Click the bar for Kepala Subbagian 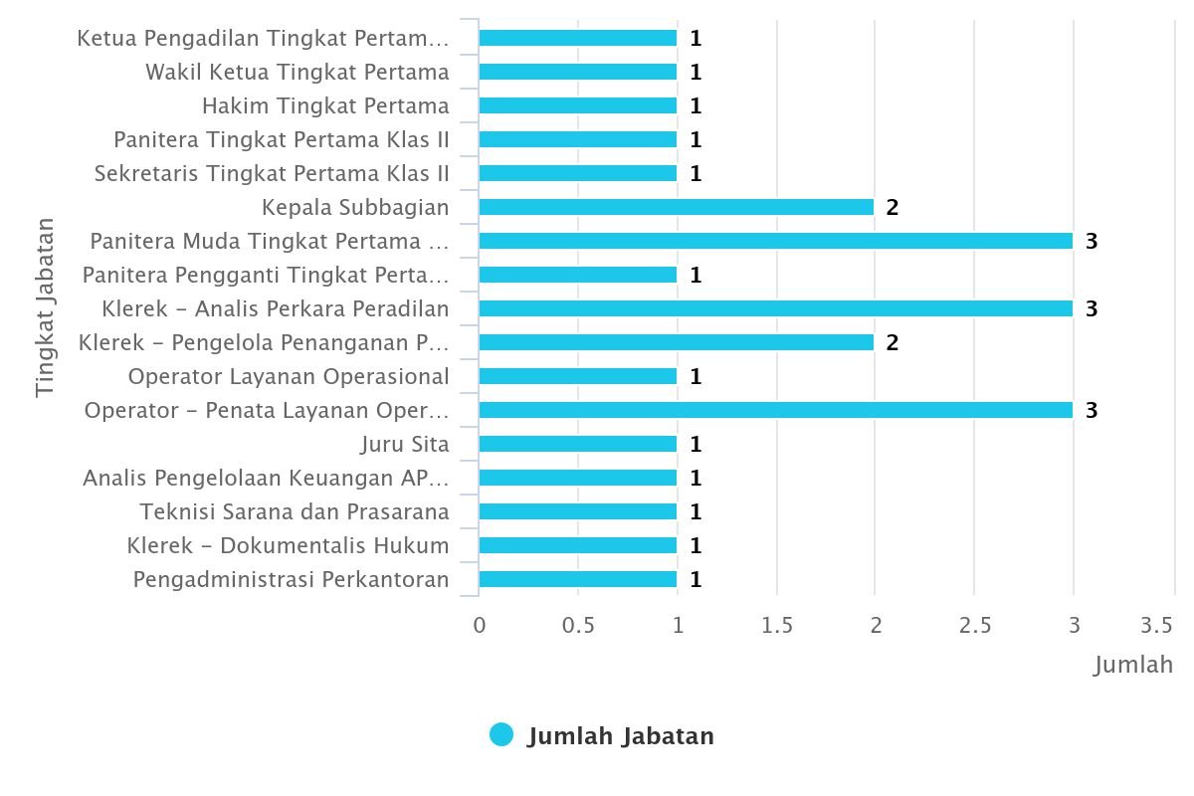[677, 207]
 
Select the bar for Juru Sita [577, 444]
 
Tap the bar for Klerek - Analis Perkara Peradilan [776, 308]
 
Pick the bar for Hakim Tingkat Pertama [577, 105]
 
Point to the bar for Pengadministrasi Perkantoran [577, 579]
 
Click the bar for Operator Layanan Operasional [577, 376]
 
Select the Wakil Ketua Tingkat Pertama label [297, 72]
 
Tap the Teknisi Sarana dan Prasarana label [295, 511]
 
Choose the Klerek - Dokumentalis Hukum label [288, 545]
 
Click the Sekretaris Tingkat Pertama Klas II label [272, 173]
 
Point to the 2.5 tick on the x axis [975, 625]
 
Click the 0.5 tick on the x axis [578, 625]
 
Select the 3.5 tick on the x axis [1157, 625]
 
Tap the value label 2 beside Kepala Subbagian [893, 207]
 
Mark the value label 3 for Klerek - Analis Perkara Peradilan [1092, 308]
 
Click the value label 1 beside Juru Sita [696, 444]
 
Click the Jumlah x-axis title [1133, 664]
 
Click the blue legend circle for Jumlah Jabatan [501, 735]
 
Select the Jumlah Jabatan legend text [621, 736]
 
